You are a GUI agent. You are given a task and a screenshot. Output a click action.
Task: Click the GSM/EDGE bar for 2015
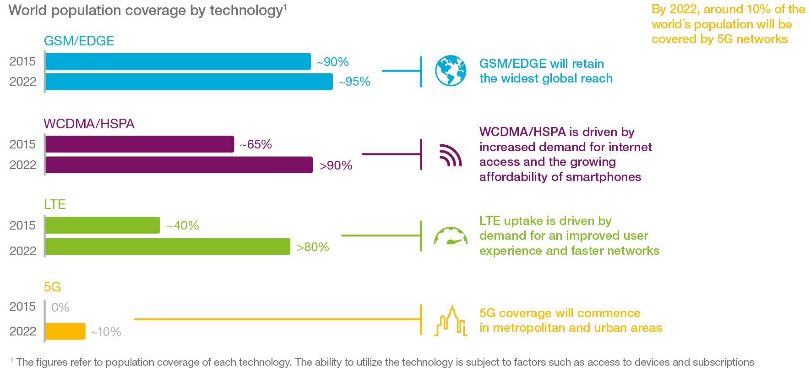(178, 61)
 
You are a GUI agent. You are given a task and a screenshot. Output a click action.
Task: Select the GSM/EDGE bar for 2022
(189, 82)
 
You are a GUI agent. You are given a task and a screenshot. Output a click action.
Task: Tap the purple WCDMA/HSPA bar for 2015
(139, 144)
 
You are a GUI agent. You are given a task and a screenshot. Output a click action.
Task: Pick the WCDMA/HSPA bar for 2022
(179, 165)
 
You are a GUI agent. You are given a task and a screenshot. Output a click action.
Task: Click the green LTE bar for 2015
(103, 225)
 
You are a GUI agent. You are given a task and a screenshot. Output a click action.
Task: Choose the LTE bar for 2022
(168, 247)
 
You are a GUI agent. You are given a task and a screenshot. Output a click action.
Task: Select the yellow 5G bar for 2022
(65, 331)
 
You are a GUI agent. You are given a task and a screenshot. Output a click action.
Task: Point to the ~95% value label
(354, 82)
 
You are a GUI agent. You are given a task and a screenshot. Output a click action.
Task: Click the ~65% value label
(256, 145)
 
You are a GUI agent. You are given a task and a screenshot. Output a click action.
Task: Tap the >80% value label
(313, 247)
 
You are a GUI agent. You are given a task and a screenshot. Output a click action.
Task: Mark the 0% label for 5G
(60, 308)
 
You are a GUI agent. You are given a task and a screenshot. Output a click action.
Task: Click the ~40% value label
(183, 226)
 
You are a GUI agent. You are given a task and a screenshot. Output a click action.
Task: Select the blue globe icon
(451, 71)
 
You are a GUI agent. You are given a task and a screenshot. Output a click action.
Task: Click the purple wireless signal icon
(451, 155)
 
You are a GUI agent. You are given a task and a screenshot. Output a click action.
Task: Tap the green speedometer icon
(451, 236)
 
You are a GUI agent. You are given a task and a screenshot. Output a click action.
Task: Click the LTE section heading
(55, 204)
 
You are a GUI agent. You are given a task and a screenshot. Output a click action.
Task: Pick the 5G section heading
(52, 287)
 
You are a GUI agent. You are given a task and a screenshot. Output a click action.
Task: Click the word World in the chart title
(28, 11)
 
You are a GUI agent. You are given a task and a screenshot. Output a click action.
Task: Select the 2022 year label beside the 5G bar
(23, 331)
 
